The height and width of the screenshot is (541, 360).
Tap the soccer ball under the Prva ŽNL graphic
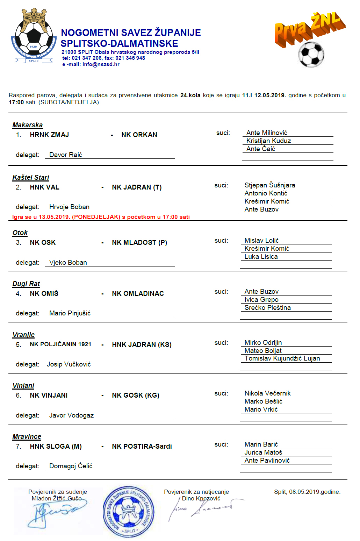[311, 54]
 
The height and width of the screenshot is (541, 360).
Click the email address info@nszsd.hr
[101, 64]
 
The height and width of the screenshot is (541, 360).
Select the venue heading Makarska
[27, 125]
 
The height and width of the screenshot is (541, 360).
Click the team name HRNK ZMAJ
[49, 135]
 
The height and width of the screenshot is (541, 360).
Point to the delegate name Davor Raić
[65, 155]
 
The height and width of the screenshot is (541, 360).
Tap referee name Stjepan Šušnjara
[269, 185]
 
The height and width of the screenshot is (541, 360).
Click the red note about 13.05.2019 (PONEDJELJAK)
[101, 217]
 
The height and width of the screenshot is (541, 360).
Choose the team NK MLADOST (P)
[139, 242]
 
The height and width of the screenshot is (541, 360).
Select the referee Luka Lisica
[261, 256]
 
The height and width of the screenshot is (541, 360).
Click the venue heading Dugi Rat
[26, 284]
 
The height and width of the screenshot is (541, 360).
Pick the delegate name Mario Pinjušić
[70, 313]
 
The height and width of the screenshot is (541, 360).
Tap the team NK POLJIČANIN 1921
[60, 344]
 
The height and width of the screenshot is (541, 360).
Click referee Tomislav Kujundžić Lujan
[282, 358]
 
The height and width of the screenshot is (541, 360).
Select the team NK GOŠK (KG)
[136, 395]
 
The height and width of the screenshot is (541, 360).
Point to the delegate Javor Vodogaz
[71, 415]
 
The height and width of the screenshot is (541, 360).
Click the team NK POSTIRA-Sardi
[142, 446]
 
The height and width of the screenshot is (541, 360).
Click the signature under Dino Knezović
[203, 509]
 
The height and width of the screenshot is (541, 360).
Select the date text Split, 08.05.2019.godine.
[307, 492]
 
